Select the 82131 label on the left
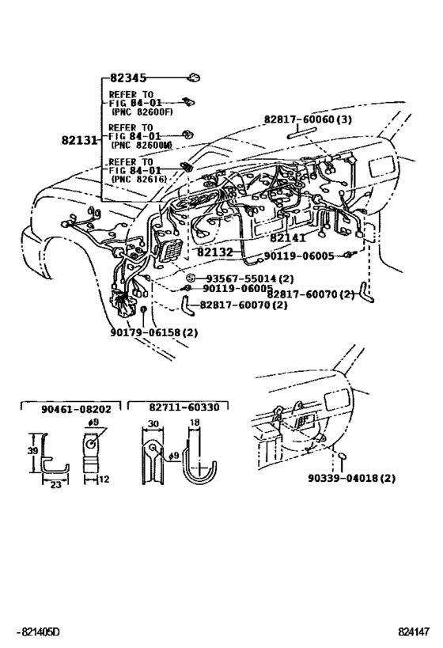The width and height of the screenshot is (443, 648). tap(79, 141)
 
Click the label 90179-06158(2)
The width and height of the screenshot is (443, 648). tap(153, 332)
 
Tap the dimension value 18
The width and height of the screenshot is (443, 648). tap(195, 423)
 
